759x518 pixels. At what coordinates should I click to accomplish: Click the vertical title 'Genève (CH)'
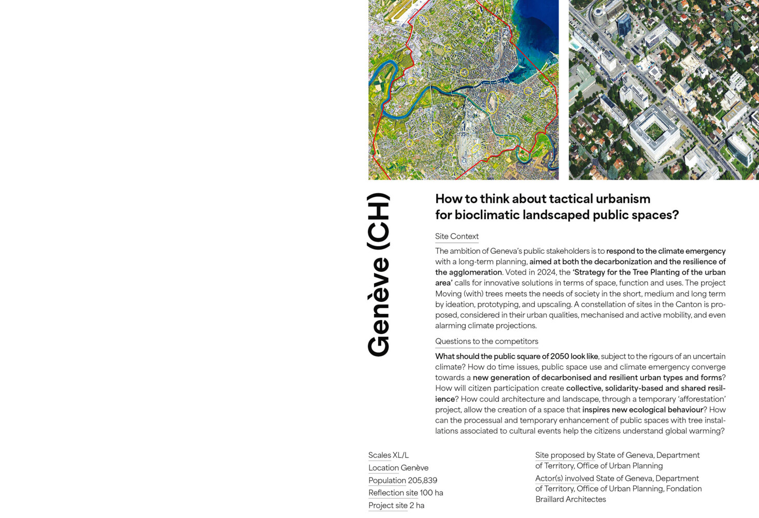point(378,275)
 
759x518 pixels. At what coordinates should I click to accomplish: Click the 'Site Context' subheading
point(456,236)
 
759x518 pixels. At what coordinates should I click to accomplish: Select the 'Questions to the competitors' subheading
point(486,341)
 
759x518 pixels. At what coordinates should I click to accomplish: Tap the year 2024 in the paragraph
point(546,272)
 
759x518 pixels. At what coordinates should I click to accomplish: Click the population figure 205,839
point(422,480)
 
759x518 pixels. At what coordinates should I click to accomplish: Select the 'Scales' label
point(379,455)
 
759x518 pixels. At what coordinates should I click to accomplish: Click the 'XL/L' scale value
point(400,455)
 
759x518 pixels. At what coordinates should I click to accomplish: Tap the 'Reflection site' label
point(393,493)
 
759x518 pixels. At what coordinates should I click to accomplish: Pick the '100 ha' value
point(432,493)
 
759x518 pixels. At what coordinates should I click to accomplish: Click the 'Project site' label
point(388,506)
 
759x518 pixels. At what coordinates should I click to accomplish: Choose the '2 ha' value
point(417,506)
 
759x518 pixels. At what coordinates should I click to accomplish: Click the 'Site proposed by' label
point(565,455)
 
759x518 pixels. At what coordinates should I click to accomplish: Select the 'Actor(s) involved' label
point(564,479)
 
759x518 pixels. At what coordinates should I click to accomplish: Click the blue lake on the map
point(539,31)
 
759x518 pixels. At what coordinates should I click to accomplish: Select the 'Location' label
point(383,468)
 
